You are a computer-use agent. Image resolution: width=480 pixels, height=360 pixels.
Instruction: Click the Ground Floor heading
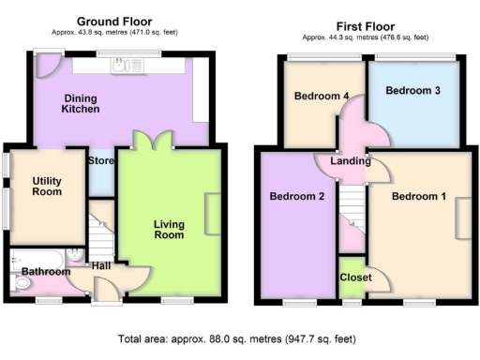(116, 21)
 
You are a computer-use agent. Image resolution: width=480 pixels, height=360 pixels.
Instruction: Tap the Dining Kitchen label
(81, 103)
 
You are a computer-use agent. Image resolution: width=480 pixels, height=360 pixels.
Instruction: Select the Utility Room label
(47, 186)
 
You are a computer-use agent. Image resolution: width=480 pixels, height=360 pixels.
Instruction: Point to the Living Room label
(169, 230)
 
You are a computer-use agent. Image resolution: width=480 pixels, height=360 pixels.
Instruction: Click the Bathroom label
(47, 272)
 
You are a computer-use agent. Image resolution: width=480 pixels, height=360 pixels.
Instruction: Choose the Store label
(100, 160)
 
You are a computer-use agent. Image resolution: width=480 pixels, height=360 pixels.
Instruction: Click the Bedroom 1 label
(418, 197)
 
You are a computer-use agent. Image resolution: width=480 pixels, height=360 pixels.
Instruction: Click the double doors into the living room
(152, 142)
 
